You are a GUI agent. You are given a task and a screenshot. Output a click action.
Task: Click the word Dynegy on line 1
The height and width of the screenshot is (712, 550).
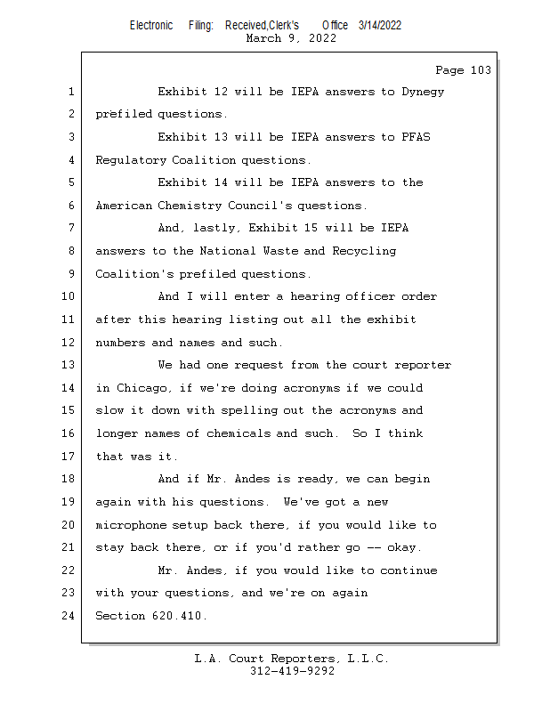(423, 92)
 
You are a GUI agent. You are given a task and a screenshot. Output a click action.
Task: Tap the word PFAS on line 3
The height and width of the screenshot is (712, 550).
(416, 137)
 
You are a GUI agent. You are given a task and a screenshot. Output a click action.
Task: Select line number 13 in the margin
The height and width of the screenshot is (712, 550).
(71, 365)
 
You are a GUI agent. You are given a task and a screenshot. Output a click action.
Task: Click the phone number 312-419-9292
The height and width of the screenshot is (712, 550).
(292, 672)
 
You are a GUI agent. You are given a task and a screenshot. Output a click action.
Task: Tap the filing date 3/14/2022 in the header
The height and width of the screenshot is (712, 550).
(380, 25)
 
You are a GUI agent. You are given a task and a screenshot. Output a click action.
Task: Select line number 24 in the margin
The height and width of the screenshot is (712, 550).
(71, 616)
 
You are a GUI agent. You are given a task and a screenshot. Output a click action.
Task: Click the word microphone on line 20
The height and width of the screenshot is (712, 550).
(130, 525)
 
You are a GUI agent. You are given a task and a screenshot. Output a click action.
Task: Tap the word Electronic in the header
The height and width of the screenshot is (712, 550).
(151, 25)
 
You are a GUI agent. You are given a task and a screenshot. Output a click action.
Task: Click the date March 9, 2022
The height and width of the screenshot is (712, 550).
(291, 37)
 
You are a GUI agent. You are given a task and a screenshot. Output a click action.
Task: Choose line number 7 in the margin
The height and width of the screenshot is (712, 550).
(71, 228)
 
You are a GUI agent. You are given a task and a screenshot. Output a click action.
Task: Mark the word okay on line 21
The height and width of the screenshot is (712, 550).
(405, 547)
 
